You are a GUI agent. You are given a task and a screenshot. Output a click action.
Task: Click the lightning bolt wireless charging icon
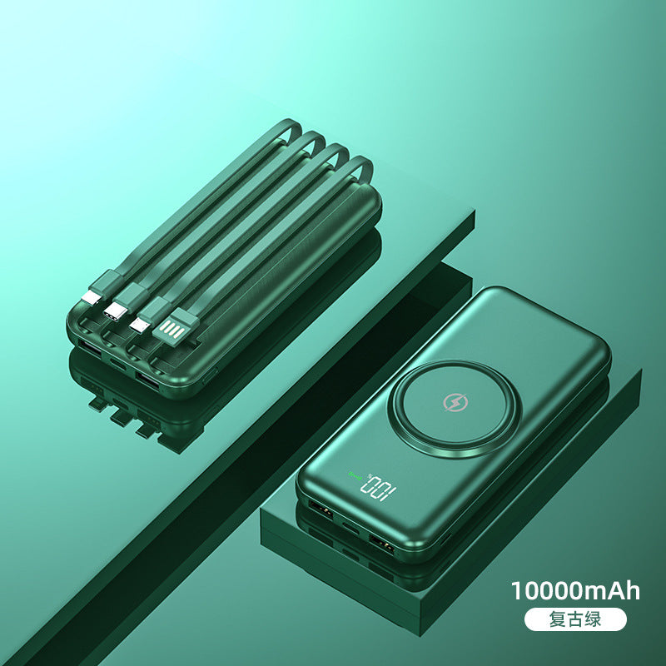[455, 402]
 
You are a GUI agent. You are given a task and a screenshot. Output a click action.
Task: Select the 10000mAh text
[575, 591]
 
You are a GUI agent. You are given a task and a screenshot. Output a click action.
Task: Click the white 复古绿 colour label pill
[575, 619]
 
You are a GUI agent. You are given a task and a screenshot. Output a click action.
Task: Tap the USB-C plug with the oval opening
[115, 311]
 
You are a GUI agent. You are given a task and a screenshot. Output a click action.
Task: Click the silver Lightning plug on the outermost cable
[92, 297]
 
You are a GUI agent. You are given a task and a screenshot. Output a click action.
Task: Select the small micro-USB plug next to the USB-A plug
[140, 325]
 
